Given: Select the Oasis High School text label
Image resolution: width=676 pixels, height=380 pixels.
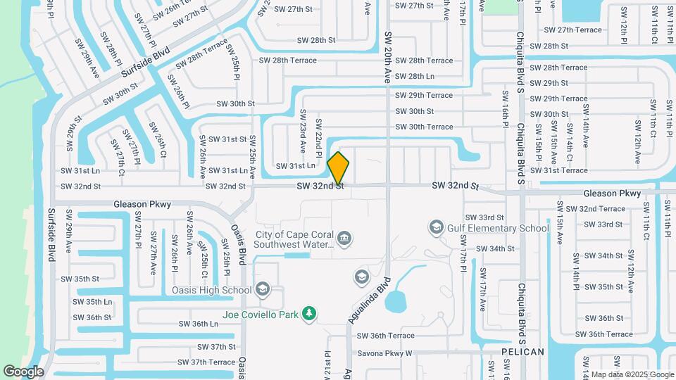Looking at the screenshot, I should click(211, 290).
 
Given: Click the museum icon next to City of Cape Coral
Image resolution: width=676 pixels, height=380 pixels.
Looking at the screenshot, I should click(344, 239).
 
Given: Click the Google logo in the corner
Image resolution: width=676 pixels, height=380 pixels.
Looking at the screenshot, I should click(23, 372).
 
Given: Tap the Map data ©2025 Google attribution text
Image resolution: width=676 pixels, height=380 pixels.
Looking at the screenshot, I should click(631, 374).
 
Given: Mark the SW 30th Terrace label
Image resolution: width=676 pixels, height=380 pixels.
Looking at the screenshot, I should click(424, 127).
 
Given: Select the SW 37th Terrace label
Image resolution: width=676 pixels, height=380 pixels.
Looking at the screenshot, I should click(206, 362).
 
